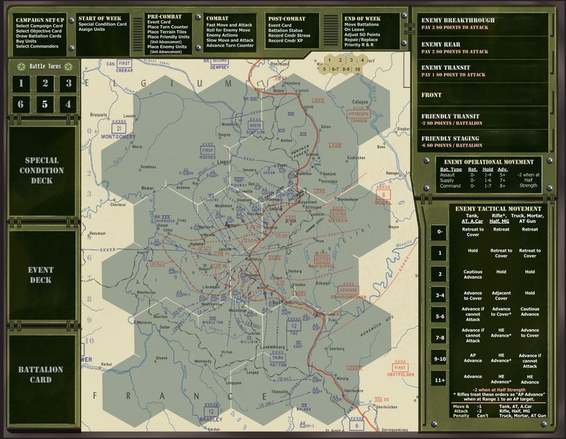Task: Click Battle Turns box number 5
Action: click(45, 105)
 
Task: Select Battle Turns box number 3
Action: click(68, 84)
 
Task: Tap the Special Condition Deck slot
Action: click(41, 170)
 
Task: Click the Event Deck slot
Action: click(41, 275)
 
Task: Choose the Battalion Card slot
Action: click(41, 374)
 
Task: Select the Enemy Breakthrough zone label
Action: click(458, 21)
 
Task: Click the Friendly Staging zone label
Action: click(450, 139)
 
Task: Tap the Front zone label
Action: click(432, 95)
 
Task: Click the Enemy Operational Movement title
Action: click(489, 162)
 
